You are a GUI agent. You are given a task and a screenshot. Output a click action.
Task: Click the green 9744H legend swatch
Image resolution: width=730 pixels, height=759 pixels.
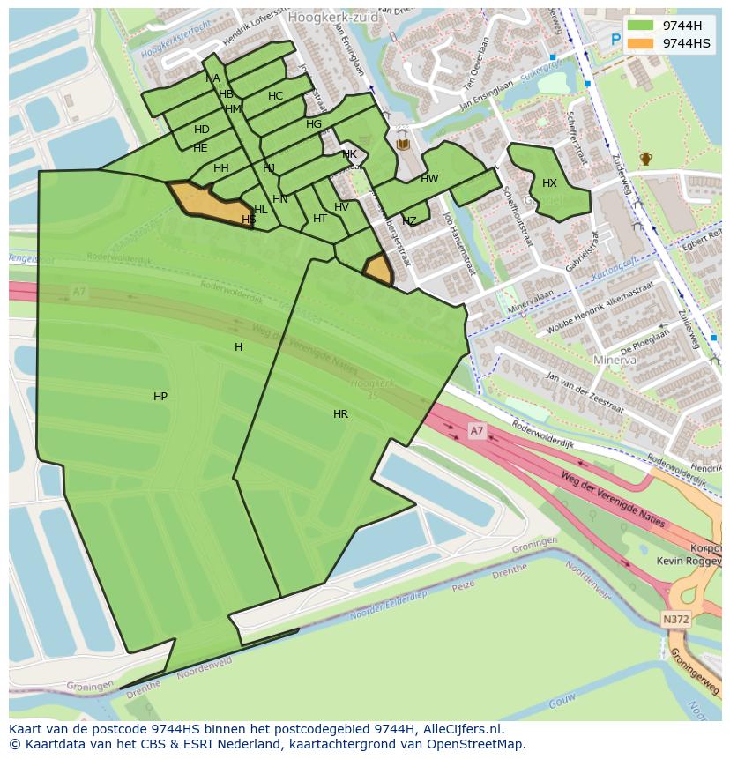pos(641,25)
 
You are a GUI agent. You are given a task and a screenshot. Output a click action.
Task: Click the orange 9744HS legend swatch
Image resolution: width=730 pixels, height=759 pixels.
pos(641,42)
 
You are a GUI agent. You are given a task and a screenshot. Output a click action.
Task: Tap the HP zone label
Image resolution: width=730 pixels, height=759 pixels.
pos(160,397)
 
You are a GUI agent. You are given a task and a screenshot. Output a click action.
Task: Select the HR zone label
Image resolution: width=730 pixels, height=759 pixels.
pos(340,413)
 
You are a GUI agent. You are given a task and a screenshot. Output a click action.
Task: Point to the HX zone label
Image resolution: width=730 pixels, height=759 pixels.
pos(549,183)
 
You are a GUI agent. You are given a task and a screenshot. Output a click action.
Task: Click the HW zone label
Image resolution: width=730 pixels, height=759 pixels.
pos(429,179)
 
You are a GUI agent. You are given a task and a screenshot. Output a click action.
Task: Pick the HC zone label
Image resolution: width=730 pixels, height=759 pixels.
pos(276,96)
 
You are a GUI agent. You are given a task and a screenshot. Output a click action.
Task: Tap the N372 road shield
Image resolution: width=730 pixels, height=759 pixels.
pos(675,620)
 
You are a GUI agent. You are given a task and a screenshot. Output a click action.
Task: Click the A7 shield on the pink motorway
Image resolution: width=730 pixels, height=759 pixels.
pos(476,430)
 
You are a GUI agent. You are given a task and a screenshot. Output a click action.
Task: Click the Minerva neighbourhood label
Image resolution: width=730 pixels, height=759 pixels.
pos(615,361)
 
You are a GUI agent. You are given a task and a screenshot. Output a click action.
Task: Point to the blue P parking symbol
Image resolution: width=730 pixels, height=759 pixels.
pos(616,40)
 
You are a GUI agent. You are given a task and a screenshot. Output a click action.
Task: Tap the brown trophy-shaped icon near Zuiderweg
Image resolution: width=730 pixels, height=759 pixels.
pos(646,159)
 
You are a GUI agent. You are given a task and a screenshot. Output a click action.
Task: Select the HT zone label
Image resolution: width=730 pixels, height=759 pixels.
pos(320,219)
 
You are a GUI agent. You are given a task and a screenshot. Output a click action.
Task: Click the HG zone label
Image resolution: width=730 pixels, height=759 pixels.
pos(314,124)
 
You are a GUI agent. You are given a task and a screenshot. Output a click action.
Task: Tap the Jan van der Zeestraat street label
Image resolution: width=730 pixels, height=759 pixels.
pos(585,394)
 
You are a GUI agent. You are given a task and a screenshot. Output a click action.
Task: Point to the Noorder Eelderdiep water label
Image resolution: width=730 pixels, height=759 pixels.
pos(389,607)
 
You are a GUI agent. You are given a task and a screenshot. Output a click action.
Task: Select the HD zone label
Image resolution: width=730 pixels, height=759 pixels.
pos(202,130)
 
